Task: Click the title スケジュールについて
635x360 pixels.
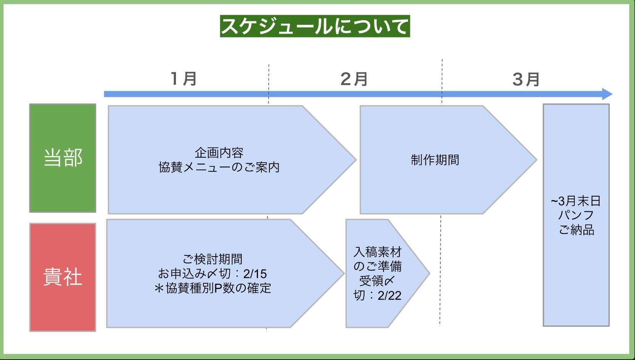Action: (315, 26)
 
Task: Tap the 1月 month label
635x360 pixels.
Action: (184, 79)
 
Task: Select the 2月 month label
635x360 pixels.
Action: (354, 79)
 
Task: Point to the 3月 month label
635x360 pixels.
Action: (526, 79)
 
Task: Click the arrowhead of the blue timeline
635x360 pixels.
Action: (607, 94)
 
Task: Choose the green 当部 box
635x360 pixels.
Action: (63, 158)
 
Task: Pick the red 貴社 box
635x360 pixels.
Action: (63, 277)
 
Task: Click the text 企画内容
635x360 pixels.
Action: (219, 153)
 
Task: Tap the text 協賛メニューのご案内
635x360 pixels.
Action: (219, 167)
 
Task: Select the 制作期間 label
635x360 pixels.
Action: (435, 160)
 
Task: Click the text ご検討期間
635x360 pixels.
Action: (213, 259)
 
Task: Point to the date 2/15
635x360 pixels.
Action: (255, 274)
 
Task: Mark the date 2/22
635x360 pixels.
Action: (389, 295)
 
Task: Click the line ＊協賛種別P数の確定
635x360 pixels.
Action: (213, 288)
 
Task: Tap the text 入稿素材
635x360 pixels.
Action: (378, 252)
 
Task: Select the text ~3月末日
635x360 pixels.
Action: (576, 201)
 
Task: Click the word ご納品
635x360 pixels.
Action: (576, 230)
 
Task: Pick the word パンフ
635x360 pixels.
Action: (576, 215)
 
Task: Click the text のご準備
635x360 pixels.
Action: (378, 266)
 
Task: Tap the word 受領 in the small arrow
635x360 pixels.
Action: (371, 281)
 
